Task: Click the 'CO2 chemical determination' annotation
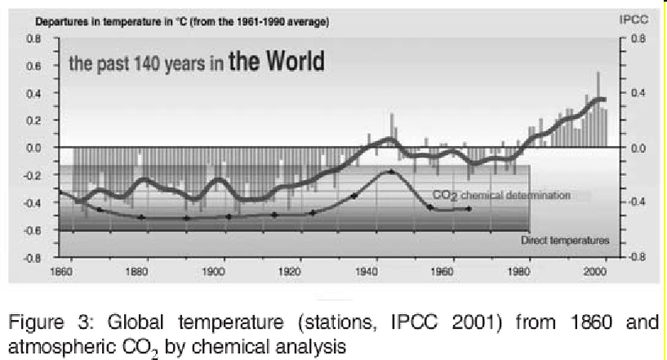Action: click(x=500, y=196)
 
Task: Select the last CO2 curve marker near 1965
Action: click(x=469, y=208)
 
